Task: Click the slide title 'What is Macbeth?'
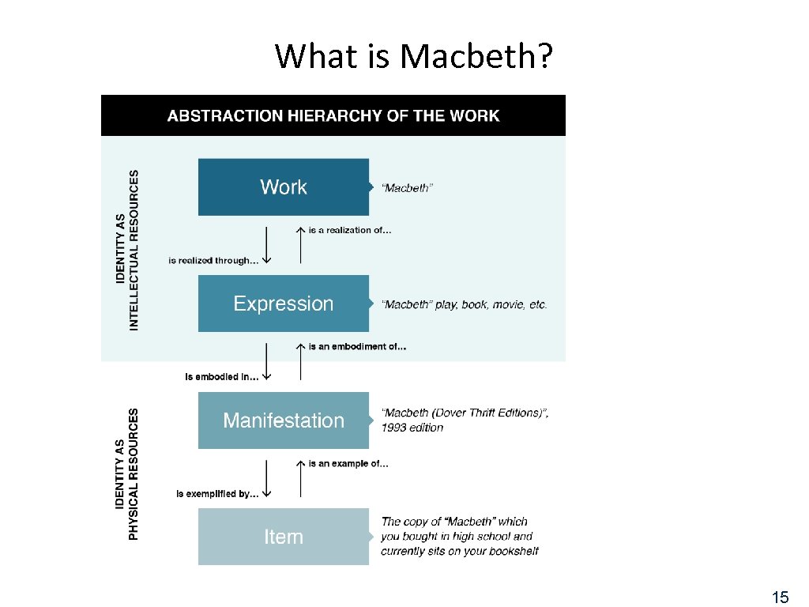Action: click(x=414, y=57)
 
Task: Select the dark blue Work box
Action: click(x=283, y=187)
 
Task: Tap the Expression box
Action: click(x=283, y=303)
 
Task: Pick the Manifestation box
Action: click(x=283, y=420)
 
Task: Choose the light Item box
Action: click(x=283, y=537)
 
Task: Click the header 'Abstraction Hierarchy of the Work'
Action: click(x=333, y=115)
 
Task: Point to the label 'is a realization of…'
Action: click(x=349, y=230)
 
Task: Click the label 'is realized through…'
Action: click(x=213, y=260)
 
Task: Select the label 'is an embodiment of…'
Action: click(x=357, y=346)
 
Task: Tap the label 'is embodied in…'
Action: click(x=221, y=377)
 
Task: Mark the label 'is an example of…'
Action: click(x=348, y=463)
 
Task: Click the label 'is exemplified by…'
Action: click(x=217, y=494)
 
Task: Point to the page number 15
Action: click(x=780, y=597)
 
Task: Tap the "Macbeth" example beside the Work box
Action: click(x=407, y=188)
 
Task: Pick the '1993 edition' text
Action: click(x=412, y=428)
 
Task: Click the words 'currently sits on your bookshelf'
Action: click(x=460, y=551)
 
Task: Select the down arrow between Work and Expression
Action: click(x=266, y=243)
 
